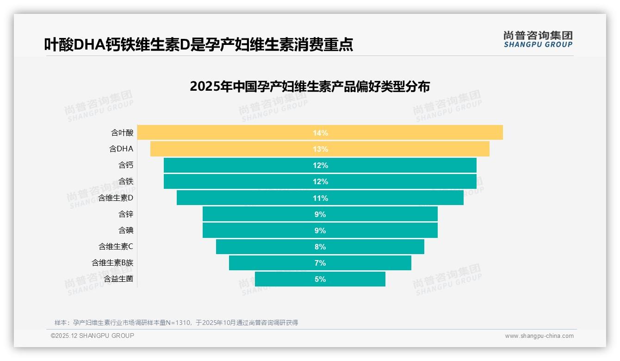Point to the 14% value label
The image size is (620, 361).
click(x=320, y=133)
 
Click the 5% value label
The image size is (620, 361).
click(x=320, y=279)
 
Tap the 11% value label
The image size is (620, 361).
click(x=320, y=198)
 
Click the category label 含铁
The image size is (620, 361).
click(x=126, y=181)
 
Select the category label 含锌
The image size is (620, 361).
click(x=126, y=214)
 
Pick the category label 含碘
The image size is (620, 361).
click(x=126, y=230)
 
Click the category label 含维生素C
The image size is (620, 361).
click(x=116, y=247)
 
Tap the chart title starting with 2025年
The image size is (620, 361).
click(x=310, y=87)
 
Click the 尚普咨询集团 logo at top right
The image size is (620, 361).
click(x=538, y=39)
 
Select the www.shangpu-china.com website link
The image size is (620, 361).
click(x=539, y=336)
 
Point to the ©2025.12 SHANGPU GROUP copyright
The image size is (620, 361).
click(x=93, y=336)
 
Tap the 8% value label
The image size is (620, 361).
click(x=320, y=247)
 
